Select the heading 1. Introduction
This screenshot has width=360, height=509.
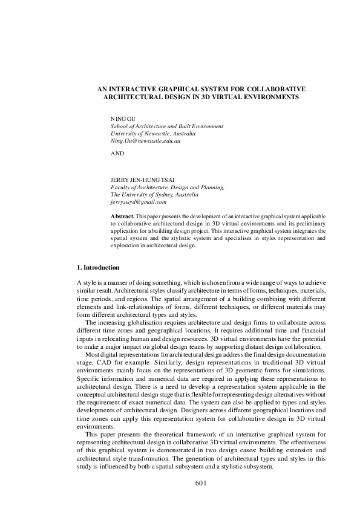point(98,267)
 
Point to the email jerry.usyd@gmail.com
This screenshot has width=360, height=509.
point(139,202)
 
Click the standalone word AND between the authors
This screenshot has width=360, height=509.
point(117,154)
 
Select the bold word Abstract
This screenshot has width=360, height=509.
point(123,216)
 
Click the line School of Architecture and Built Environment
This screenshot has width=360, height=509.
point(166,126)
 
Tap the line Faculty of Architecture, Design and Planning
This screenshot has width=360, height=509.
point(167,188)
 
